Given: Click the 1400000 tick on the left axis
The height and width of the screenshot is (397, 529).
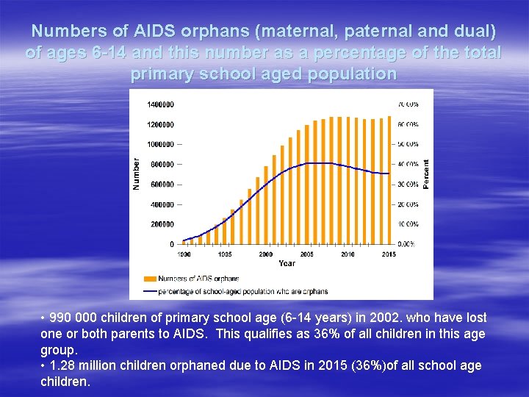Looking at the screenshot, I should (160, 104).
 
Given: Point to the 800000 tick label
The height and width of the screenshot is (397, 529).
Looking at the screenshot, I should (162, 164).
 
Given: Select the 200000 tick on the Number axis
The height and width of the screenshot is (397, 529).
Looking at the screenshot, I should (162, 224).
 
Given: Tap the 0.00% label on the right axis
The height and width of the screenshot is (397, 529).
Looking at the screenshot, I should (407, 244).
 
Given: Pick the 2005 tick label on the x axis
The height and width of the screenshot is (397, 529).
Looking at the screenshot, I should (306, 254).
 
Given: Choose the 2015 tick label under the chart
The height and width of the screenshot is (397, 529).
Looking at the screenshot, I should (389, 254).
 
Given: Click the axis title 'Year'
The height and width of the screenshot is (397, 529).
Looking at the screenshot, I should (287, 263).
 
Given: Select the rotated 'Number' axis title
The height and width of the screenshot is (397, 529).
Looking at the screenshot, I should (136, 174).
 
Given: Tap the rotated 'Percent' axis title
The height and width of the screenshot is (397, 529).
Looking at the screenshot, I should (426, 174).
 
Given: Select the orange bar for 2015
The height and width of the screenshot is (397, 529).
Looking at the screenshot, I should (389, 180).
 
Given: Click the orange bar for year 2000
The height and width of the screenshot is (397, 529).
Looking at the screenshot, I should (266, 208).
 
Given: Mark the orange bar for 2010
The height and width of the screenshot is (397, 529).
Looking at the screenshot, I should (348, 180).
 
